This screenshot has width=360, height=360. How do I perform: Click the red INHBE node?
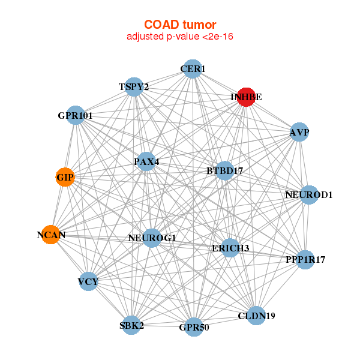point(247,97)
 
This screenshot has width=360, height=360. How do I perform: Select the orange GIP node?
point(65,178)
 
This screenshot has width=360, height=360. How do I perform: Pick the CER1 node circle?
point(192,69)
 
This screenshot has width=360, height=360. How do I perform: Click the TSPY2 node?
point(134,87)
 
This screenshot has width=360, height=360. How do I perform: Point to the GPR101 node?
point(76,115)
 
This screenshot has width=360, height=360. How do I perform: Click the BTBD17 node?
point(225,171)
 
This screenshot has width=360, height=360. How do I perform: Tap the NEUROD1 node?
point(308,195)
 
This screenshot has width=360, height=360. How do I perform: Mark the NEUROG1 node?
point(152,238)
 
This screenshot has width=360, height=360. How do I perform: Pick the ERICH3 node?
point(231,248)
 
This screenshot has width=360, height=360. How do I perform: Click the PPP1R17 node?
point(305,260)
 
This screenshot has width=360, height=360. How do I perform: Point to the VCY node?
point(88,281)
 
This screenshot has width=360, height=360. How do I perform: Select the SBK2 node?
point(132,326)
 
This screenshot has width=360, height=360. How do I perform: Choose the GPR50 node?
point(193,327)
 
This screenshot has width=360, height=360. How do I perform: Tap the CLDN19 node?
point(256,316)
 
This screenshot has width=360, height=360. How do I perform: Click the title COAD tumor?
point(180,25)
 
